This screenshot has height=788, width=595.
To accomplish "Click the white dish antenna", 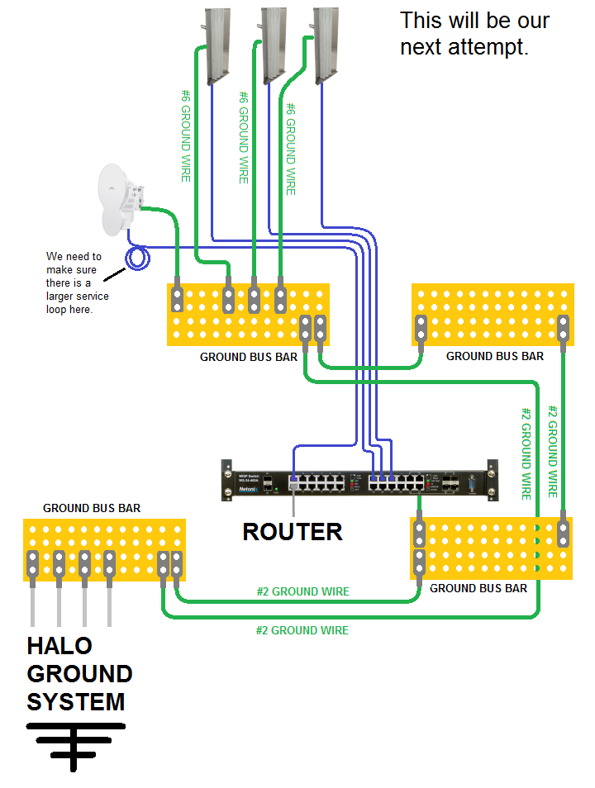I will tap(119, 199).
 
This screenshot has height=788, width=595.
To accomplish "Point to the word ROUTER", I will tap(293, 531).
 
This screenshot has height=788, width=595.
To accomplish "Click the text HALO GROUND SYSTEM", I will tap(79, 673).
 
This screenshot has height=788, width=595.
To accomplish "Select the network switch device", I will tap(359, 480).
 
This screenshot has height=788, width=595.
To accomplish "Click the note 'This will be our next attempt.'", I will tap(474, 33).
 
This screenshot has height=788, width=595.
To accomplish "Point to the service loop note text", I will tap(77, 282).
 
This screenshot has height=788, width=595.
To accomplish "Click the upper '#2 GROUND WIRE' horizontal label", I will tap(302, 591).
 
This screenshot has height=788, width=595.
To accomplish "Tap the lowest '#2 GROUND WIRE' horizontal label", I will tap(302, 630).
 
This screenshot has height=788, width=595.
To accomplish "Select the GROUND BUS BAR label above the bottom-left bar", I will tap(92, 508).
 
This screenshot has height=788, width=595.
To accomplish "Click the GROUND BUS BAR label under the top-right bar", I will tap(495, 356).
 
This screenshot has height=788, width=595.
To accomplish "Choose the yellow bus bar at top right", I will tap(493, 315).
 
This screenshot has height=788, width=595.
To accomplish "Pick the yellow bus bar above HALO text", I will tap(104, 549).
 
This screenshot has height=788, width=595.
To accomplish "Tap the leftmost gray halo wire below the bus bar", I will tap(32, 603).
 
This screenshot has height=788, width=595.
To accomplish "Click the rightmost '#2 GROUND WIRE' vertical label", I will tap(554, 450).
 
